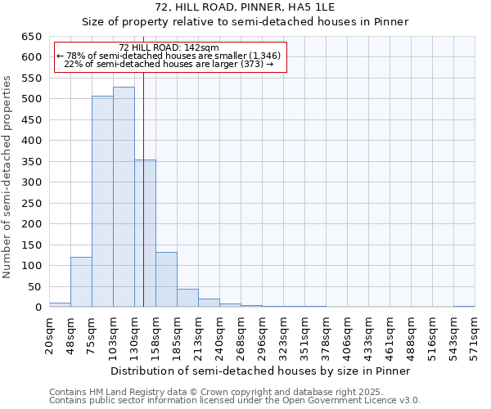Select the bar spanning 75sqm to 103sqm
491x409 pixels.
(x=102, y=201)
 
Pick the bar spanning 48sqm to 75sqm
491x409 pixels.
(x=81, y=282)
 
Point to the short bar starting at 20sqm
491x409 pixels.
(x=60, y=304)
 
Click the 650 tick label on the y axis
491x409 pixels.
(x=31, y=37)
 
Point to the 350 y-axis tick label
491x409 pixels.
(x=31, y=162)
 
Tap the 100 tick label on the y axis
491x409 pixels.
(x=31, y=266)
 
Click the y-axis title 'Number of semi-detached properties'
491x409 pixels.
(x=8, y=177)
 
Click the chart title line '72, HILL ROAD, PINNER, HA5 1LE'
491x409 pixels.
(x=245, y=7)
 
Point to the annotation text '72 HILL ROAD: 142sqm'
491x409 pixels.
(x=169, y=48)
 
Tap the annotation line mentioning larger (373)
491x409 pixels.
(x=168, y=64)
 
